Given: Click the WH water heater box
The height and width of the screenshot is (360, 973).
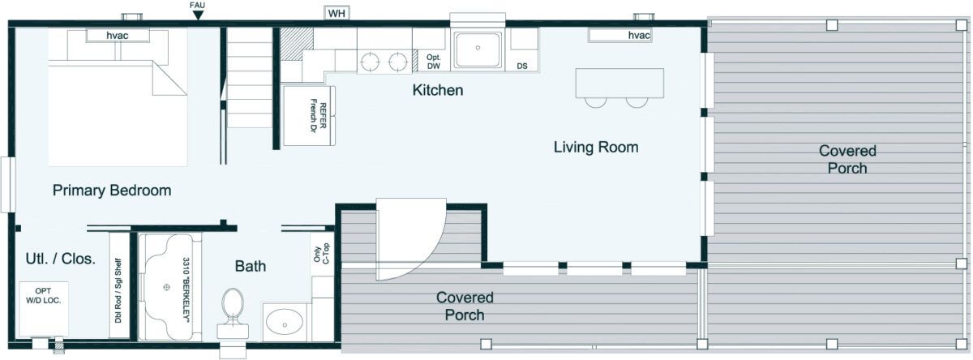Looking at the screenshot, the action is [x=336, y=13].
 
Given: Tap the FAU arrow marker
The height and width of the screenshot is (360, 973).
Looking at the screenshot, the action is [x=198, y=15].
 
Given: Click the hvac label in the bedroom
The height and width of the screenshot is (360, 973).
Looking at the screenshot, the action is [x=118, y=35].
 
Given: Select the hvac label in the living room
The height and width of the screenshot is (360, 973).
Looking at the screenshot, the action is [x=639, y=35].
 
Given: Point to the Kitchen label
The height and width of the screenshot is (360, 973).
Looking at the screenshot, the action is [x=437, y=90].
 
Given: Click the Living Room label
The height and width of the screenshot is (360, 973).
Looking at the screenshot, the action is [x=596, y=147].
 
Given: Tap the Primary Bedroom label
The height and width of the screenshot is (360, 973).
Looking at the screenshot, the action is [x=112, y=191].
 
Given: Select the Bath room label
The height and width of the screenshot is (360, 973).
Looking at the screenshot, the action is [x=251, y=266].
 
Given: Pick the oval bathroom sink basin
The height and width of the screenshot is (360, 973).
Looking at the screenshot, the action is [x=284, y=322].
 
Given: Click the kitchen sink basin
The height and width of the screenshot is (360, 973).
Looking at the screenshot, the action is [x=478, y=50].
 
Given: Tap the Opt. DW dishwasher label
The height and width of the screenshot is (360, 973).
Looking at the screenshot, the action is [x=433, y=62].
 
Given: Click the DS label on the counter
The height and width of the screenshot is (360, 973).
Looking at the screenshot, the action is [x=521, y=66].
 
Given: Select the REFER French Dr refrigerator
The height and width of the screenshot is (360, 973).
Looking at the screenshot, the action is [x=309, y=115].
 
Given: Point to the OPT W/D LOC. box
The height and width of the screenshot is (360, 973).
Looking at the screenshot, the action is [x=44, y=309].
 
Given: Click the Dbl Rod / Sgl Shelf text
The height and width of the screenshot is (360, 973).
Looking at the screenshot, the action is [x=118, y=290].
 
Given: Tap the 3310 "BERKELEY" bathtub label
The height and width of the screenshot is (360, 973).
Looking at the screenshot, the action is [x=186, y=289].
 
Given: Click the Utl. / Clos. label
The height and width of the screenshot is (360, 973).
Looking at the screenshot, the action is [x=60, y=259].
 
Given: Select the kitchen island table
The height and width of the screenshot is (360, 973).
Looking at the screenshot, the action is [x=619, y=83].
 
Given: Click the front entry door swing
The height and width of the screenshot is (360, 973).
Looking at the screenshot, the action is [x=411, y=239].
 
